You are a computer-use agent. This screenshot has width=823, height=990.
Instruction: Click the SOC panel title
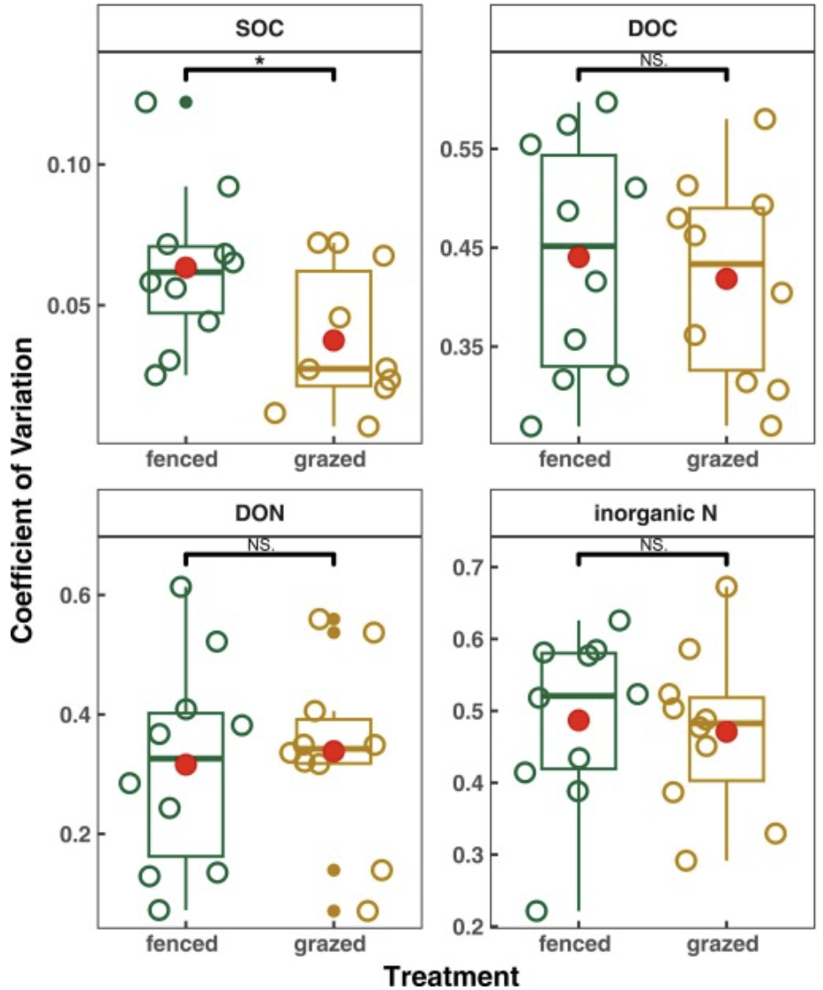[259, 27]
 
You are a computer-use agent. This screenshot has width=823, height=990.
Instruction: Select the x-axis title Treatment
[451, 975]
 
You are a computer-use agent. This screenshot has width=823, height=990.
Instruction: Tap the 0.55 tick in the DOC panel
[459, 148]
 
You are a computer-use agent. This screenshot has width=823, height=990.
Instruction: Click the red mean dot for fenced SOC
[185, 267]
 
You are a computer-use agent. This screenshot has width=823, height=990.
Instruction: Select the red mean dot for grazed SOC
[333, 340]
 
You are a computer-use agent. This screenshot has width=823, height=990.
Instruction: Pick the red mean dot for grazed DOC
[726, 279]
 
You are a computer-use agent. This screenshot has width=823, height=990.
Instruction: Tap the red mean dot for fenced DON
[185, 765]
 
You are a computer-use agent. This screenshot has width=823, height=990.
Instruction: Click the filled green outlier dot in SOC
[185, 101]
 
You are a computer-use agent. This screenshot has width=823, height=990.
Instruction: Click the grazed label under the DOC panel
[722, 459]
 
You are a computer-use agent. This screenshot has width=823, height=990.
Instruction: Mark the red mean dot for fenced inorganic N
[578, 720]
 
